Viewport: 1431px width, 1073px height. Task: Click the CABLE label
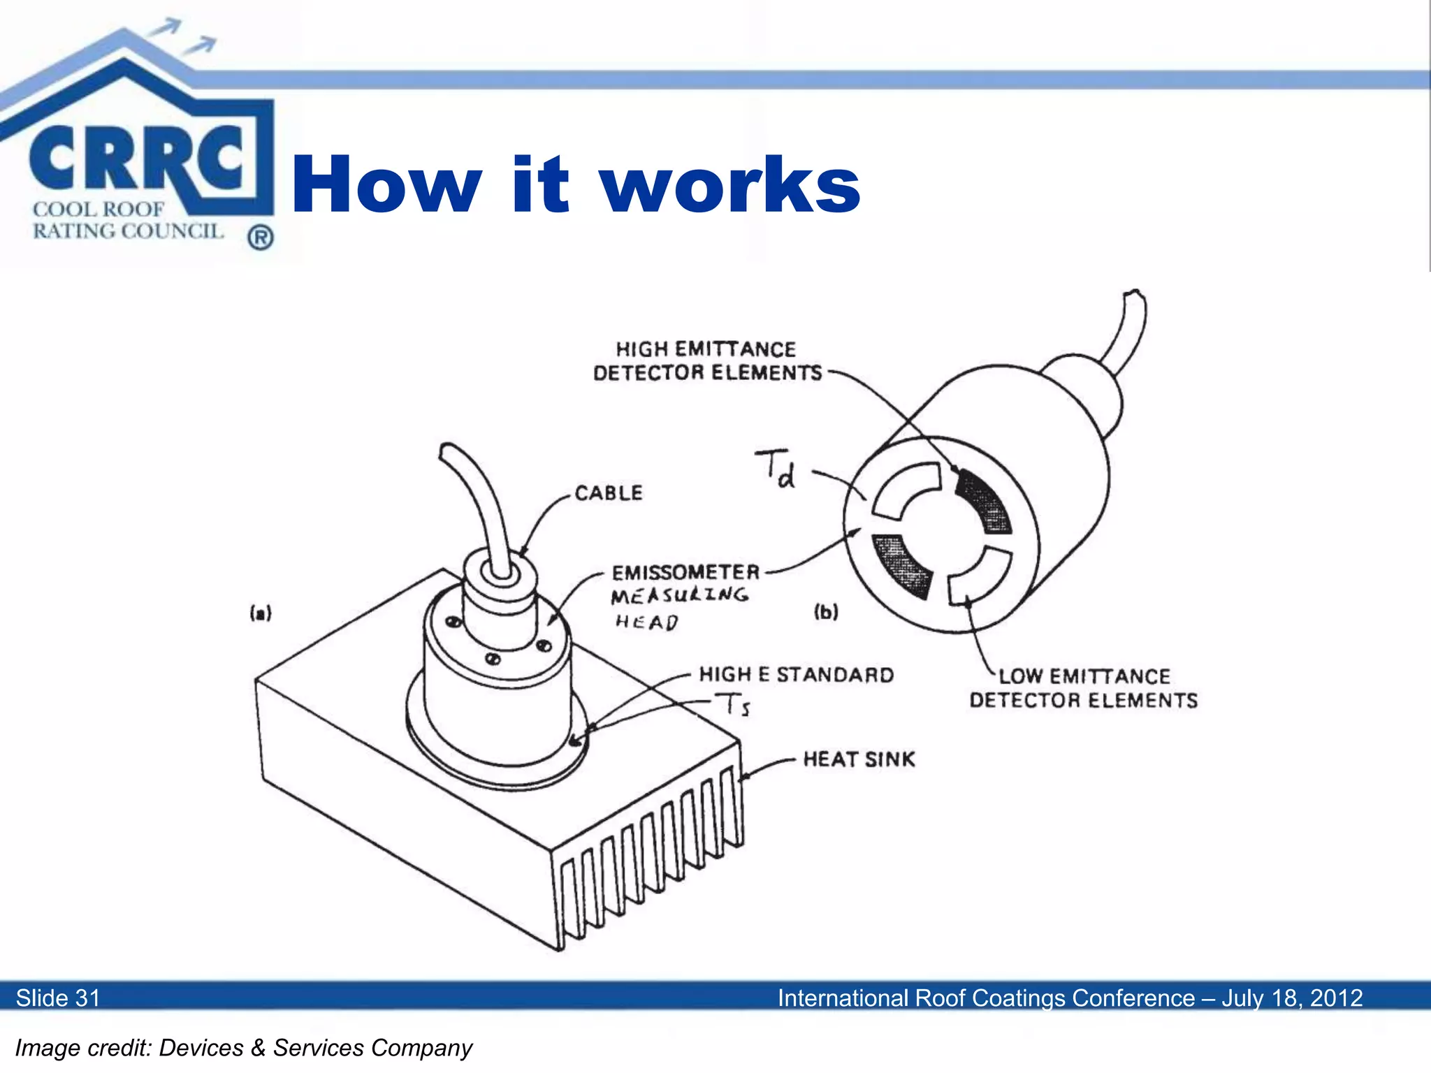(x=608, y=493)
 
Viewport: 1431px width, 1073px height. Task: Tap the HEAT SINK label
(x=859, y=759)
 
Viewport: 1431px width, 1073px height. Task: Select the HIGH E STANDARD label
(x=797, y=675)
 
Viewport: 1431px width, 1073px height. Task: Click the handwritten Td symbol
(x=776, y=469)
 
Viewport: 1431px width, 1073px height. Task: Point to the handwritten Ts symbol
(x=733, y=704)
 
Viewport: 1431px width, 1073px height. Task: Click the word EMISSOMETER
(x=685, y=573)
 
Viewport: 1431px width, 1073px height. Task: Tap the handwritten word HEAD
(x=646, y=622)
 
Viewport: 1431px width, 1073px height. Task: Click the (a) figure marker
(x=261, y=613)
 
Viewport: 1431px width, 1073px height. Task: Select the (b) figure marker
(x=826, y=612)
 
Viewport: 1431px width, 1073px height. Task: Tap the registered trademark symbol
(x=260, y=238)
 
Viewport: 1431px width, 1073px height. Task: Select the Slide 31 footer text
(x=58, y=998)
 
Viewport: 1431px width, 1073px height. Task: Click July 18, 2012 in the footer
(x=1292, y=998)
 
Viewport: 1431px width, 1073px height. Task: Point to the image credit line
(x=244, y=1048)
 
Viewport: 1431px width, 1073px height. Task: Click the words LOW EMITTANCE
(x=1084, y=676)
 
